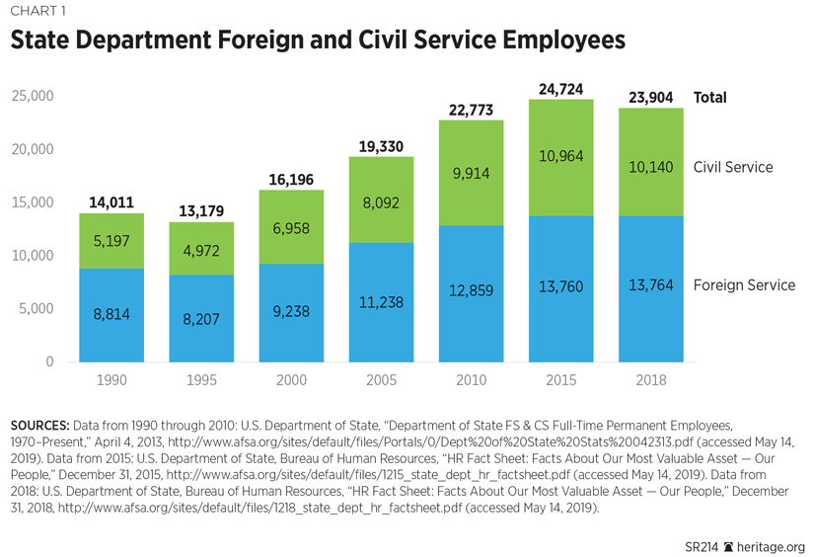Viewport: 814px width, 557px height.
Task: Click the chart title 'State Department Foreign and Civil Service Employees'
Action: [318, 41]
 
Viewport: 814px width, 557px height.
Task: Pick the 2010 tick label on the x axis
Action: [470, 380]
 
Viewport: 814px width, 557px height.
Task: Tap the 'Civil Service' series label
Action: [733, 167]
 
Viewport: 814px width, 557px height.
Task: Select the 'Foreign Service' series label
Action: [744, 285]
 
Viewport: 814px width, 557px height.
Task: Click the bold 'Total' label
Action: [710, 98]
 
